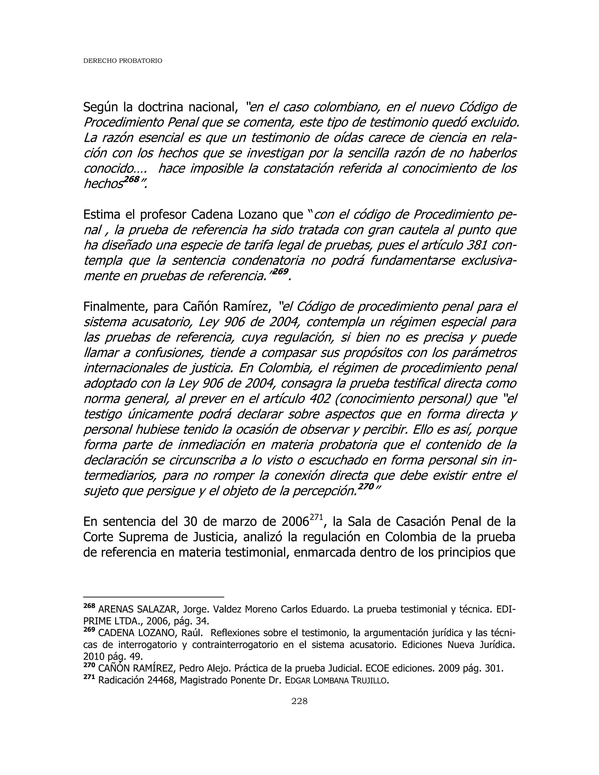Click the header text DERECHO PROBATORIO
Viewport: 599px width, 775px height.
pos(123,61)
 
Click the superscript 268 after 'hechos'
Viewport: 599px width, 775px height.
pos(131,179)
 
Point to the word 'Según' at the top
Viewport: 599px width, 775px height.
pos(101,107)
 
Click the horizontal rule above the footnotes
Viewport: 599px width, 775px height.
pos(153,597)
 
